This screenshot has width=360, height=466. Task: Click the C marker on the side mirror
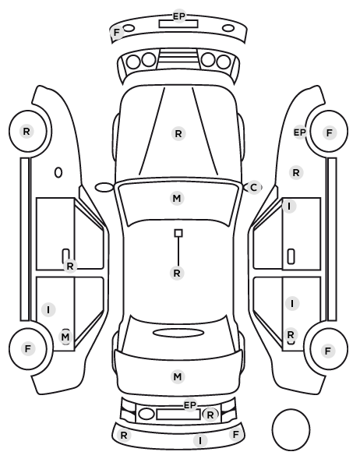(x=253, y=188)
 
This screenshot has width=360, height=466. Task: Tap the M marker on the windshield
(x=177, y=198)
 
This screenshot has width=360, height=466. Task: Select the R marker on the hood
(x=178, y=134)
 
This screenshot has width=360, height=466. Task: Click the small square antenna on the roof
(x=178, y=233)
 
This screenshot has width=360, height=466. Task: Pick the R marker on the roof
(x=177, y=273)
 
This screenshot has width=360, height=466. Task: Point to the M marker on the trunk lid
(x=178, y=377)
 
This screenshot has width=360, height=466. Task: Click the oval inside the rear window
(x=178, y=333)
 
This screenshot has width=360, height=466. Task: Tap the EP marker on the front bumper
(x=179, y=16)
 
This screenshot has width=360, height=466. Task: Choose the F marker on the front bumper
(x=117, y=32)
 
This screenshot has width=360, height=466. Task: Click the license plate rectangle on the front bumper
(x=178, y=24)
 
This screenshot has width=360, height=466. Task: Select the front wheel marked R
(x=29, y=131)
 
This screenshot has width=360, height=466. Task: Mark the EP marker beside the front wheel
(x=300, y=132)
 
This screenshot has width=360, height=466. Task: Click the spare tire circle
(x=291, y=430)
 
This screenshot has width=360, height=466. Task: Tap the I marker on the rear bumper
(x=200, y=440)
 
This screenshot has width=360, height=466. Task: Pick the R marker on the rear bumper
(x=124, y=436)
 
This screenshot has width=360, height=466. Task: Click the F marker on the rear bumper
(x=235, y=435)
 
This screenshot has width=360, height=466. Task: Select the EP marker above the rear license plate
(x=190, y=404)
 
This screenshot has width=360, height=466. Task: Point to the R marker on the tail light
(x=210, y=415)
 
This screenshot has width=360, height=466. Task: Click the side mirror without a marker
(x=104, y=188)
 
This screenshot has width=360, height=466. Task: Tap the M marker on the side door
(x=65, y=337)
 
